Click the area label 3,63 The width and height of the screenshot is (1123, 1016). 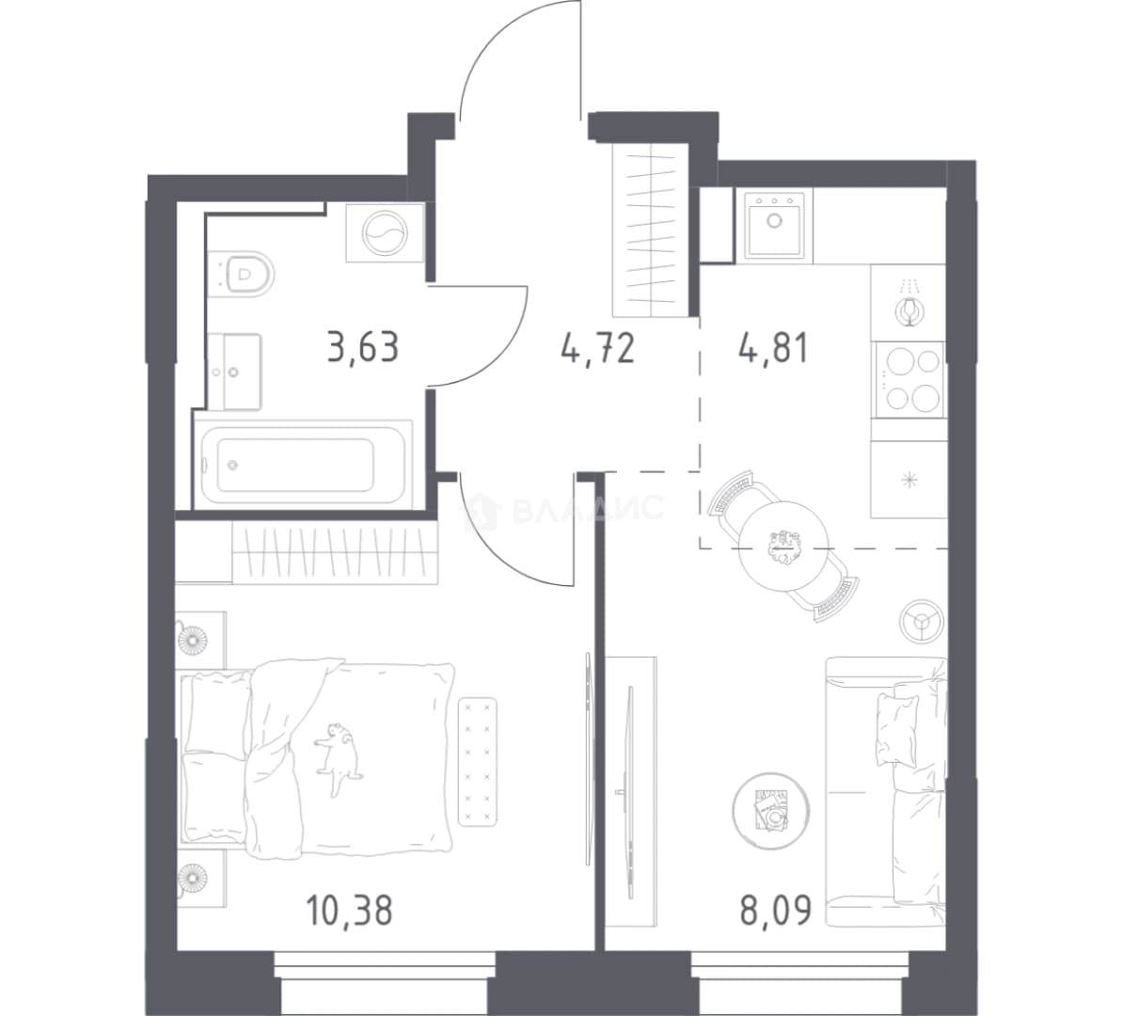click(x=362, y=349)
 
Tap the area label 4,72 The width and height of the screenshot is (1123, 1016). click(x=598, y=349)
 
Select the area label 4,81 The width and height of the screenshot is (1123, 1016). click(x=773, y=349)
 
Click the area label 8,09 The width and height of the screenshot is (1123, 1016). click(x=776, y=911)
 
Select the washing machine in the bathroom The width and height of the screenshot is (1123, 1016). click(x=384, y=233)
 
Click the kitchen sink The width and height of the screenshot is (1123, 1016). click(x=774, y=224)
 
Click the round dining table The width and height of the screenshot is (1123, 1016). click(x=783, y=545)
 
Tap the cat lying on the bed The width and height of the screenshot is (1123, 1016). click(x=337, y=758)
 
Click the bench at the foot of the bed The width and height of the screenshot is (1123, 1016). click(x=478, y=761)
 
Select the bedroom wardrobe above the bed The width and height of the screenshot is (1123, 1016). click(x=335, y=551)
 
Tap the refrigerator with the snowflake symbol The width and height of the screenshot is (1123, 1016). click(x=909, y=480)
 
